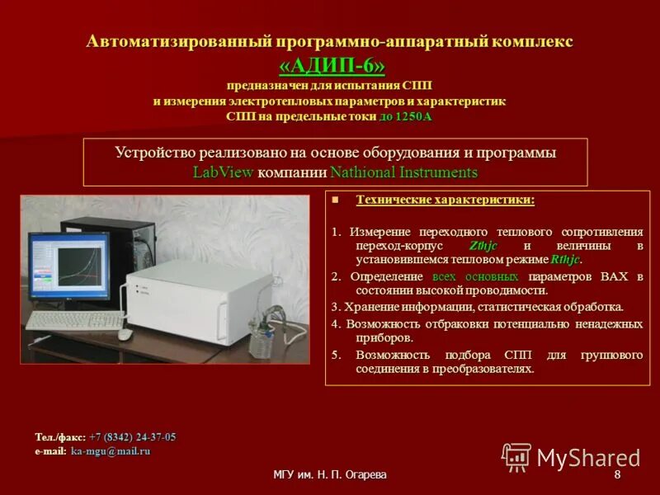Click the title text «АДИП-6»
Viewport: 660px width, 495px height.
[330, 64]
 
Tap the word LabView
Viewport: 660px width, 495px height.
[223, 172]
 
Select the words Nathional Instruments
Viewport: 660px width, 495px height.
[403, 172]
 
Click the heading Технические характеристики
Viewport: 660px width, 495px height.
[445, 200]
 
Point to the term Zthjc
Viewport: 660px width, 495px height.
[483, 246]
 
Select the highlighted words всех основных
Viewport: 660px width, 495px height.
[475, 276]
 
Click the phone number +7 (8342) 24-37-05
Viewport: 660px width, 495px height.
[132, 437]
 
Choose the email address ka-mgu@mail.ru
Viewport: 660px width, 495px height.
[111, 451]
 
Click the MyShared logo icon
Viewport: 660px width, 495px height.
[516, 457]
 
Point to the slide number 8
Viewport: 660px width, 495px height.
[617, 476]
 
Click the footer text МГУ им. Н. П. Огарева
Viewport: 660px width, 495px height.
[329, 476]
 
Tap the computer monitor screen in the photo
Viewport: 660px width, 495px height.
[69, 266]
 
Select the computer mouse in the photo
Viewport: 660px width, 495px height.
[125, 333]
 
